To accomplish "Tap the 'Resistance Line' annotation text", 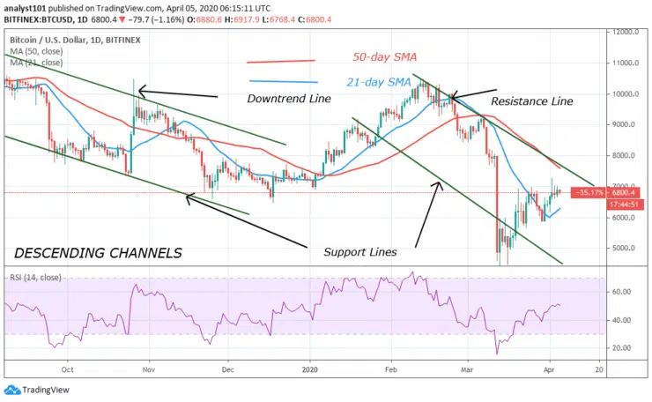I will (531, 101).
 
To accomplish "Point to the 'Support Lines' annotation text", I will (359, 252).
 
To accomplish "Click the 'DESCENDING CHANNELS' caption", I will (99, 253).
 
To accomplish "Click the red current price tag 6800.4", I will (619, 192).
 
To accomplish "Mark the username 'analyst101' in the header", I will (24, 8).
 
